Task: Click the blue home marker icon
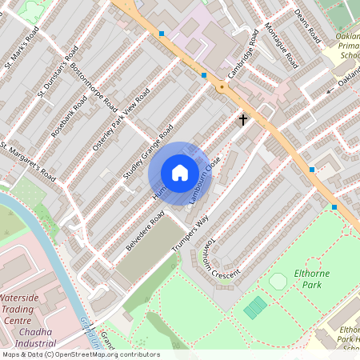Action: (180, 173)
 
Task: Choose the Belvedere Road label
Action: (146, 230)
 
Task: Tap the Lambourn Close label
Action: (205, 179)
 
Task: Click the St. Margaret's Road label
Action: (28, 161)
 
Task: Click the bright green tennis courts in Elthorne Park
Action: (255, 306)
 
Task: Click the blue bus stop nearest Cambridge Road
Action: (204, 75)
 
